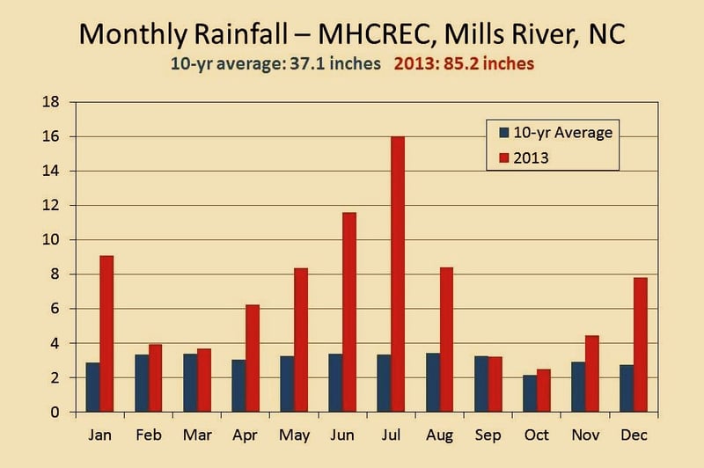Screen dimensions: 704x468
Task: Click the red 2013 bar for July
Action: coord(398,274)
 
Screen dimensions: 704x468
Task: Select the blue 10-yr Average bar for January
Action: coord(93,387)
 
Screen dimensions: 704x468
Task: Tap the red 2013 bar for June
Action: coord(349,312)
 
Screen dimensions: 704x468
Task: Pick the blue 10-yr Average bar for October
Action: coord(531,393)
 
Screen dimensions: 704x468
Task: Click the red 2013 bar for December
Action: coord(641,345)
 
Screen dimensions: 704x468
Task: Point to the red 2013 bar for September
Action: coord(495,384)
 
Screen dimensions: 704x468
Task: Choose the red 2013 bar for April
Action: coord(253,359)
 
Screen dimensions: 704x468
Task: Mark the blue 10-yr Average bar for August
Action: coord(433,383)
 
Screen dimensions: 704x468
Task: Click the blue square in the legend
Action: coord(504,132)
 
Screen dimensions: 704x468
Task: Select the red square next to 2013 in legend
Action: coord(504,158)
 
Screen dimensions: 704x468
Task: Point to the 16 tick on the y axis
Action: coord(51,136)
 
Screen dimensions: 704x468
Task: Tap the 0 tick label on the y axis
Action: coord(55,412)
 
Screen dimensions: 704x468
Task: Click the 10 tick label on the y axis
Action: coord(51,239)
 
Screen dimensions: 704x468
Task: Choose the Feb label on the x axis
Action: coord(149,435)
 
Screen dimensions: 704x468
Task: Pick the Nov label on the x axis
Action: coord(585,435)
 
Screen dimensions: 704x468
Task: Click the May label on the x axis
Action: coord(295,435)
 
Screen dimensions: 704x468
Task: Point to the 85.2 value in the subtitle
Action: coord(461,63)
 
